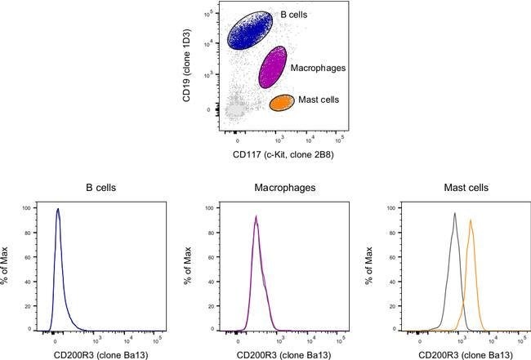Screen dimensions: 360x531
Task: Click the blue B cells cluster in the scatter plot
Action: click(257, 31)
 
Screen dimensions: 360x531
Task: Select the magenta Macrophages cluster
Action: click(272, 68)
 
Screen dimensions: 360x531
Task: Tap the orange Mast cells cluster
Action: click(281, 102)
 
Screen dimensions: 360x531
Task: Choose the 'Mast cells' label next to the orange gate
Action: click(317, 100)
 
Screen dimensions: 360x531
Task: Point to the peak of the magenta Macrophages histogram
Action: click(256, 216)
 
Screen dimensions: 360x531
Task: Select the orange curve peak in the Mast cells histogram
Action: click(471, 220)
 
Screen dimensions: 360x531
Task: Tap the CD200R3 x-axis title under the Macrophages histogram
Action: click(265, 353)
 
